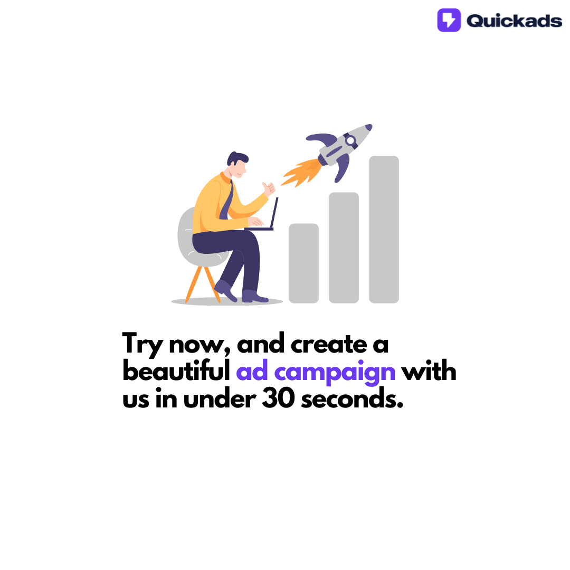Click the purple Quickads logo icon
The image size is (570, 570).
point(449,20)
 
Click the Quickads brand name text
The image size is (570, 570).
point(514,21)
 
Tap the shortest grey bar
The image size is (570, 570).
point(303,263)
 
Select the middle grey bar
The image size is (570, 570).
point(344,247)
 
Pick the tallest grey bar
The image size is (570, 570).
point(384,229)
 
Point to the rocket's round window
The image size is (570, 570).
point(350,140)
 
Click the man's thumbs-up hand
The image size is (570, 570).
point(269,188)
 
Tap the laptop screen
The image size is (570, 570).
point(274,213)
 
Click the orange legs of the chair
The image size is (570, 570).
point(201,283)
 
